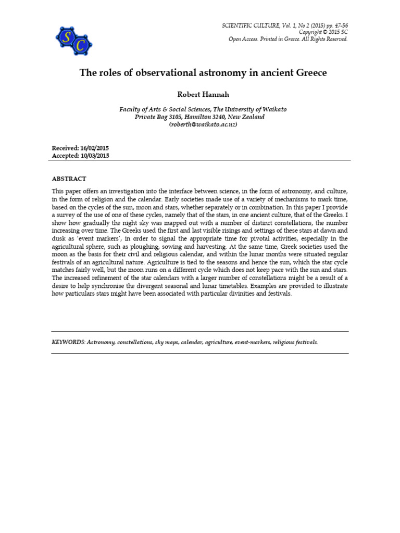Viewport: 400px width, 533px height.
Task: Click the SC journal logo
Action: (73, 40)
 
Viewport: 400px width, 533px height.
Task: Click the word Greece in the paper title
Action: (309, 73)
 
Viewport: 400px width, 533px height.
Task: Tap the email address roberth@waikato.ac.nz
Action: (203, 125)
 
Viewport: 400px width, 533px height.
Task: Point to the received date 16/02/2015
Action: (94, 148)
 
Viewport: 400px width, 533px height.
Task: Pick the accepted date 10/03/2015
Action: (94, 156)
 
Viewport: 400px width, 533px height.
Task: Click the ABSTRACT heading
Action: (69, 179)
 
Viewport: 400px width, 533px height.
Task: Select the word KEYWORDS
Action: (68, 342)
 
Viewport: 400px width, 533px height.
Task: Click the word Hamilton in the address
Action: (193, 117)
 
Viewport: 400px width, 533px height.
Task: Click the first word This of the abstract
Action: (58, 192)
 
